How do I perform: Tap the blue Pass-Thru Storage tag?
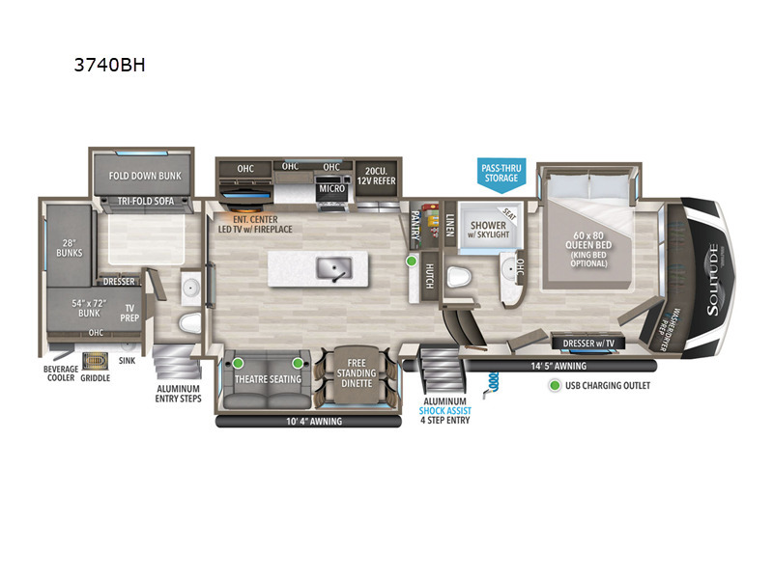click(500, 173)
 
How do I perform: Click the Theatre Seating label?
click(268, 379)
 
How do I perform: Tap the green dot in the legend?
click(555, 386)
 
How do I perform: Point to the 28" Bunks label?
click(69, 248)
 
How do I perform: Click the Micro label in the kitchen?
click(331, 189)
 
